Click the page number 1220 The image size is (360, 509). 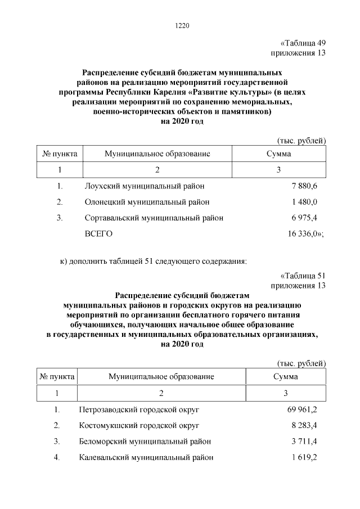coord(183,25)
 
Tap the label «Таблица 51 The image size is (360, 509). coord(303,276)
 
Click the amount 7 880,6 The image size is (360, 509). coord(304,185)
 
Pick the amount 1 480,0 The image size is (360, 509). coord(304,201)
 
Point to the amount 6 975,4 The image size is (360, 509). coord(304,218)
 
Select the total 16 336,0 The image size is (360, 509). coord(303,234)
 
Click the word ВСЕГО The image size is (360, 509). coord(99,234)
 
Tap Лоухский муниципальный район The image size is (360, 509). coord(145,185)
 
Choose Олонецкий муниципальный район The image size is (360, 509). coord(147,201)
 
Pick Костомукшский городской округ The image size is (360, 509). coord(139,425)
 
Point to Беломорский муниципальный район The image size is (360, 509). coord(146,441)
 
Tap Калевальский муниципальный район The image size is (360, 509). coord(146,457)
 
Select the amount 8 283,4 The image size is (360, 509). coord(304,425)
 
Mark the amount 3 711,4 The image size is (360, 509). coord(304,441)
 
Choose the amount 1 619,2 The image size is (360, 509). coord(304,457)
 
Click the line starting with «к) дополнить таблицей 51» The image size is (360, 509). coord(153,260)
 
